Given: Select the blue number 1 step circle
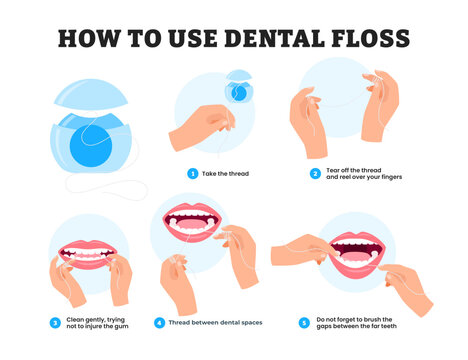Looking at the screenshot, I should coord(193,173).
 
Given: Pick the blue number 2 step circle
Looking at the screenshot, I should coord(314,173).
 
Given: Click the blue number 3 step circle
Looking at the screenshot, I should coord(55,322).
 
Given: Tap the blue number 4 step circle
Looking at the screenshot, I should coord(159,322).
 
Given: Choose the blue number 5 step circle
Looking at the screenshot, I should coord(304,322).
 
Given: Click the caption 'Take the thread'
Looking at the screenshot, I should coord(225,173).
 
